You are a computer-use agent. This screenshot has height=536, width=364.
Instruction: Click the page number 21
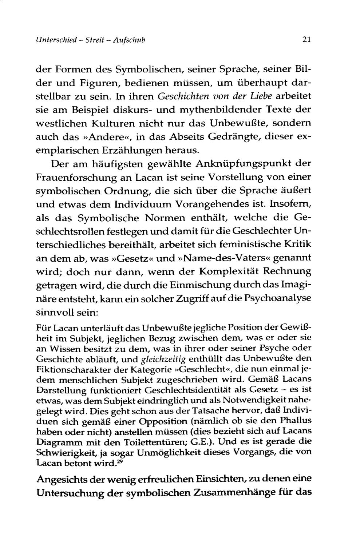(x=306, y=39)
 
